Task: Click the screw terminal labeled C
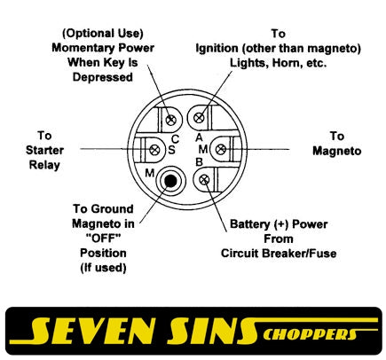[171, 120]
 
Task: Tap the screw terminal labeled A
[199, 118]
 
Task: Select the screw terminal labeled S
[154, 150]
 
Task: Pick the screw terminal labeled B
[204, 179]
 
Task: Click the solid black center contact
[170, 181]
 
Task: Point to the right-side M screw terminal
[221, 149]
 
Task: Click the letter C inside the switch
[175, 139]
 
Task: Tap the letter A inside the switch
[199, 137]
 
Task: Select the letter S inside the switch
[171, 150]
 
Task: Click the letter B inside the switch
[199, 162]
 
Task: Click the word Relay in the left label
[44, 165]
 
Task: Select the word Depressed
[103, 77]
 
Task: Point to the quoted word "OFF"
[103, 238]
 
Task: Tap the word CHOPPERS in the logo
[311, 334]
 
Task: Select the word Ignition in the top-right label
[217, 49]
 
